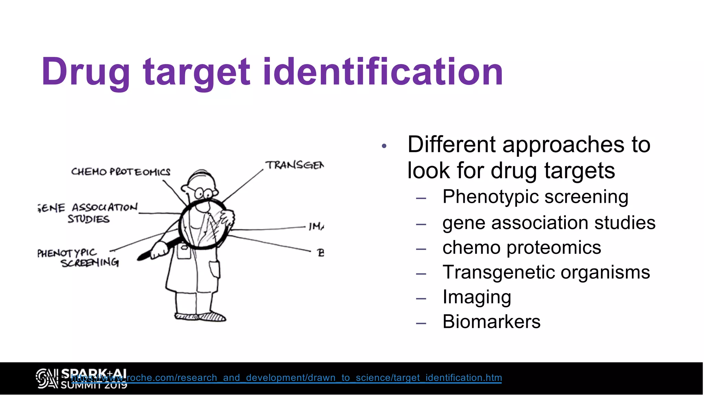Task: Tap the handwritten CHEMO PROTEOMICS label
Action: point(121,172)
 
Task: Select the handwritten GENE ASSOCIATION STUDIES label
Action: point(89,213)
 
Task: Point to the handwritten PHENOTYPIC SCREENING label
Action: point(78,258)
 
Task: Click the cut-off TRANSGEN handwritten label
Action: point(295,165)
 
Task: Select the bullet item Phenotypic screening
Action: point(535,197)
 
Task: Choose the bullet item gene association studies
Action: point(549,223)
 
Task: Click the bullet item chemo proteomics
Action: point(521,247)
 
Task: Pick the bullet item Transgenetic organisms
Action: point(546,272)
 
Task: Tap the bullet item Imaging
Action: point(476,297)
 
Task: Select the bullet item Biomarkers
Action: point(491,322)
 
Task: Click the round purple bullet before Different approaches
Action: point(384,146)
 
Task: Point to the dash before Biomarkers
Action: point(421,323)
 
